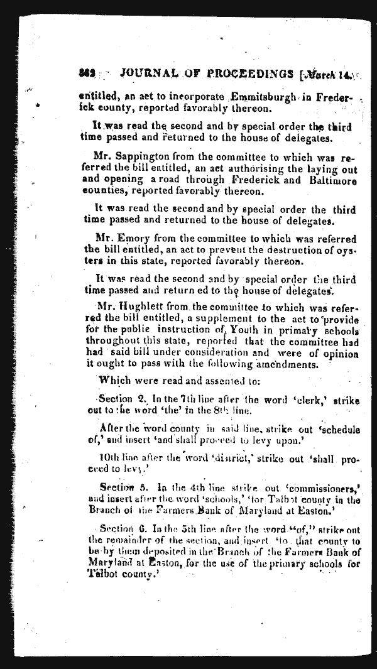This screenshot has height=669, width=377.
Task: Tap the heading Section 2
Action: [116, 400]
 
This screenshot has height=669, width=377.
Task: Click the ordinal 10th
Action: [111, 457]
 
